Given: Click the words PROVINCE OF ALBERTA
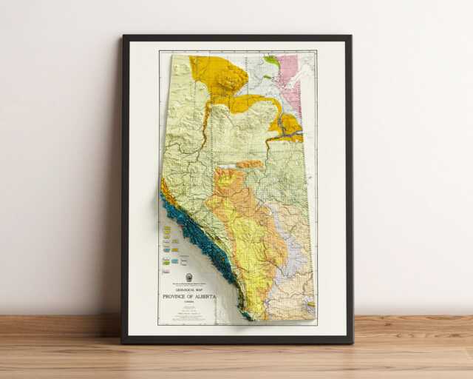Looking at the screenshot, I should [x=189, y=297].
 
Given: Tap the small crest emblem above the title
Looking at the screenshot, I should [x=189, y=278].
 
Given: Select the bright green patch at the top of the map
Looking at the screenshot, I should [x=272, y=61].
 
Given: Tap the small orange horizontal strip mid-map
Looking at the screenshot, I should [x=250, y=164].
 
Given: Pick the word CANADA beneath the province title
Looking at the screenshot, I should [x=189, y=303].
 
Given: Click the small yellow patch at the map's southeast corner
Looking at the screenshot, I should [x=310, y=304].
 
